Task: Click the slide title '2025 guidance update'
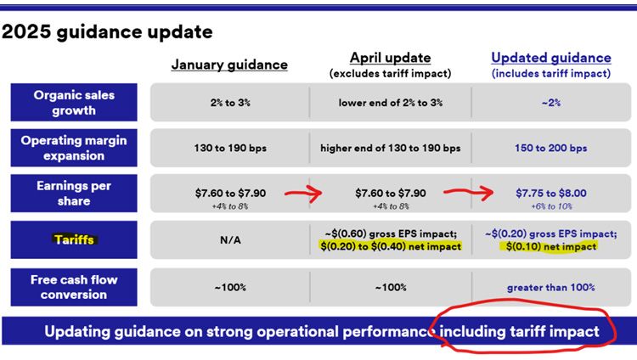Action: [x=107, y=31]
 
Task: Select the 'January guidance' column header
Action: [x=229, y=65]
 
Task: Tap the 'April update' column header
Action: [x=390, y=58]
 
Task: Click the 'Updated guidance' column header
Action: [x=551, y=58]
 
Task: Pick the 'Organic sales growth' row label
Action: [x=74, y=103]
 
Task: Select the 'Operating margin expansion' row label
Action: [x=74, y=148]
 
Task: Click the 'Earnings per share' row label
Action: [x=74, y=194]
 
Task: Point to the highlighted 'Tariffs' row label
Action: [x=74, y=239]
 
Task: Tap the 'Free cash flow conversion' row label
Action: [x=74, y=287]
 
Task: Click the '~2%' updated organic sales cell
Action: [x=551, y=103]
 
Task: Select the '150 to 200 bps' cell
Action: [x=551, y=148]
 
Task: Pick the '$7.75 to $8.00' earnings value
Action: [x=551, y=193]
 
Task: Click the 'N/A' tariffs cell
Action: [x=230, y=240]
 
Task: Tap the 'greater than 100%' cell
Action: [x=551, y=287]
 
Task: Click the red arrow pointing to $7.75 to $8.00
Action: [x=468, y=192]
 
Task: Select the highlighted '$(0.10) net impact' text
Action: [x=551, y=246]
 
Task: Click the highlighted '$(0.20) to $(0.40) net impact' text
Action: [x=391, y=246]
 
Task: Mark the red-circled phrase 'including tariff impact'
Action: [x=519, y=331]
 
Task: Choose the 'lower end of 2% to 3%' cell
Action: [x=391, y=103]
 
